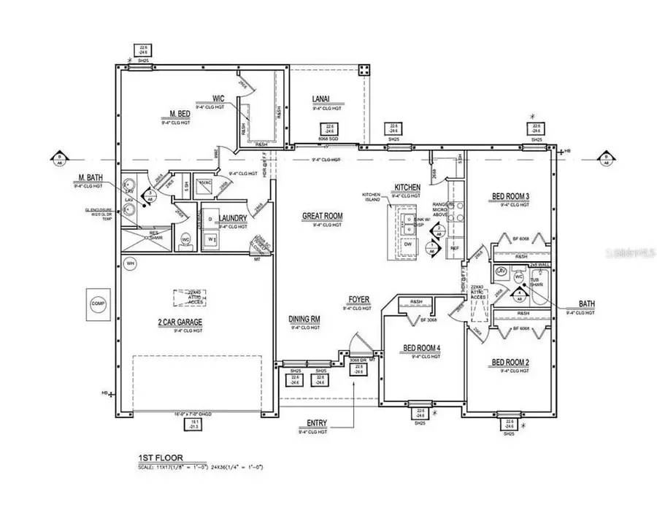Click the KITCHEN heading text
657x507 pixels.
click(408, 187)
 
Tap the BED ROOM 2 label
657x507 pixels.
click(510, 363)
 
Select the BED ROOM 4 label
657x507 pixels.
click(423, 349)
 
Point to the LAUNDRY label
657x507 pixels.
click(236, 218)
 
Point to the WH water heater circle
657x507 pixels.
click(131, 263)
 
